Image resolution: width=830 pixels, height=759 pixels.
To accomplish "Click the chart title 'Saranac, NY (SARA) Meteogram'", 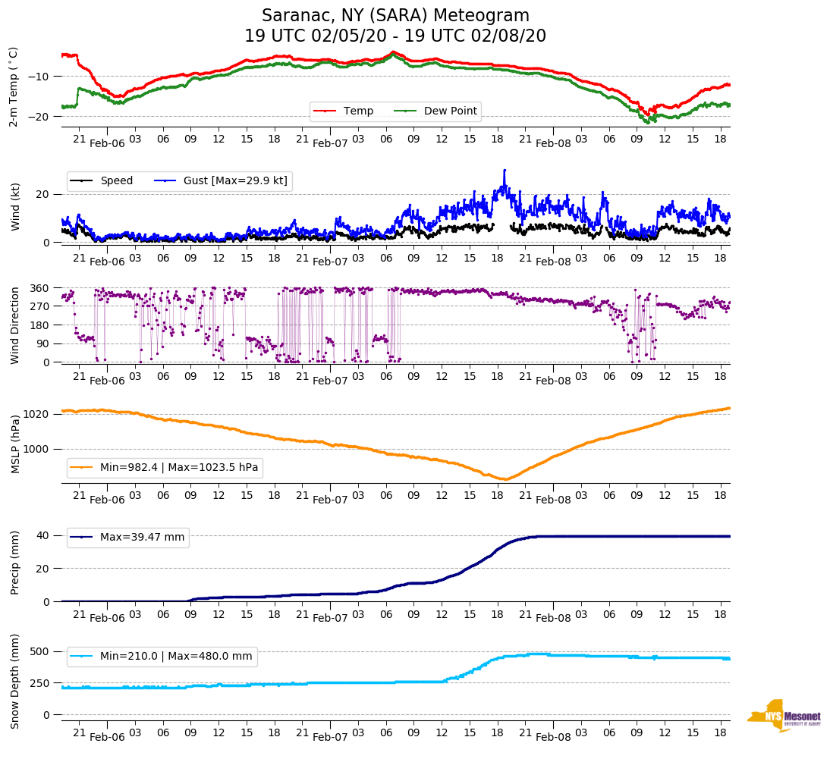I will point(395,16).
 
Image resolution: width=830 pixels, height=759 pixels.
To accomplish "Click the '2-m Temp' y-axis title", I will point(14,86).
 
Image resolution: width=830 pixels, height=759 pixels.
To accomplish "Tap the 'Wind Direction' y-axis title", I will point(15,325).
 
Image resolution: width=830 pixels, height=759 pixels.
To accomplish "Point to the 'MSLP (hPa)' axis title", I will point(15,444).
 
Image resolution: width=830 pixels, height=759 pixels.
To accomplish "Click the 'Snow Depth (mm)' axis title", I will point(15,680).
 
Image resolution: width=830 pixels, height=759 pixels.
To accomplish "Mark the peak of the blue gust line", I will point(505,171).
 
